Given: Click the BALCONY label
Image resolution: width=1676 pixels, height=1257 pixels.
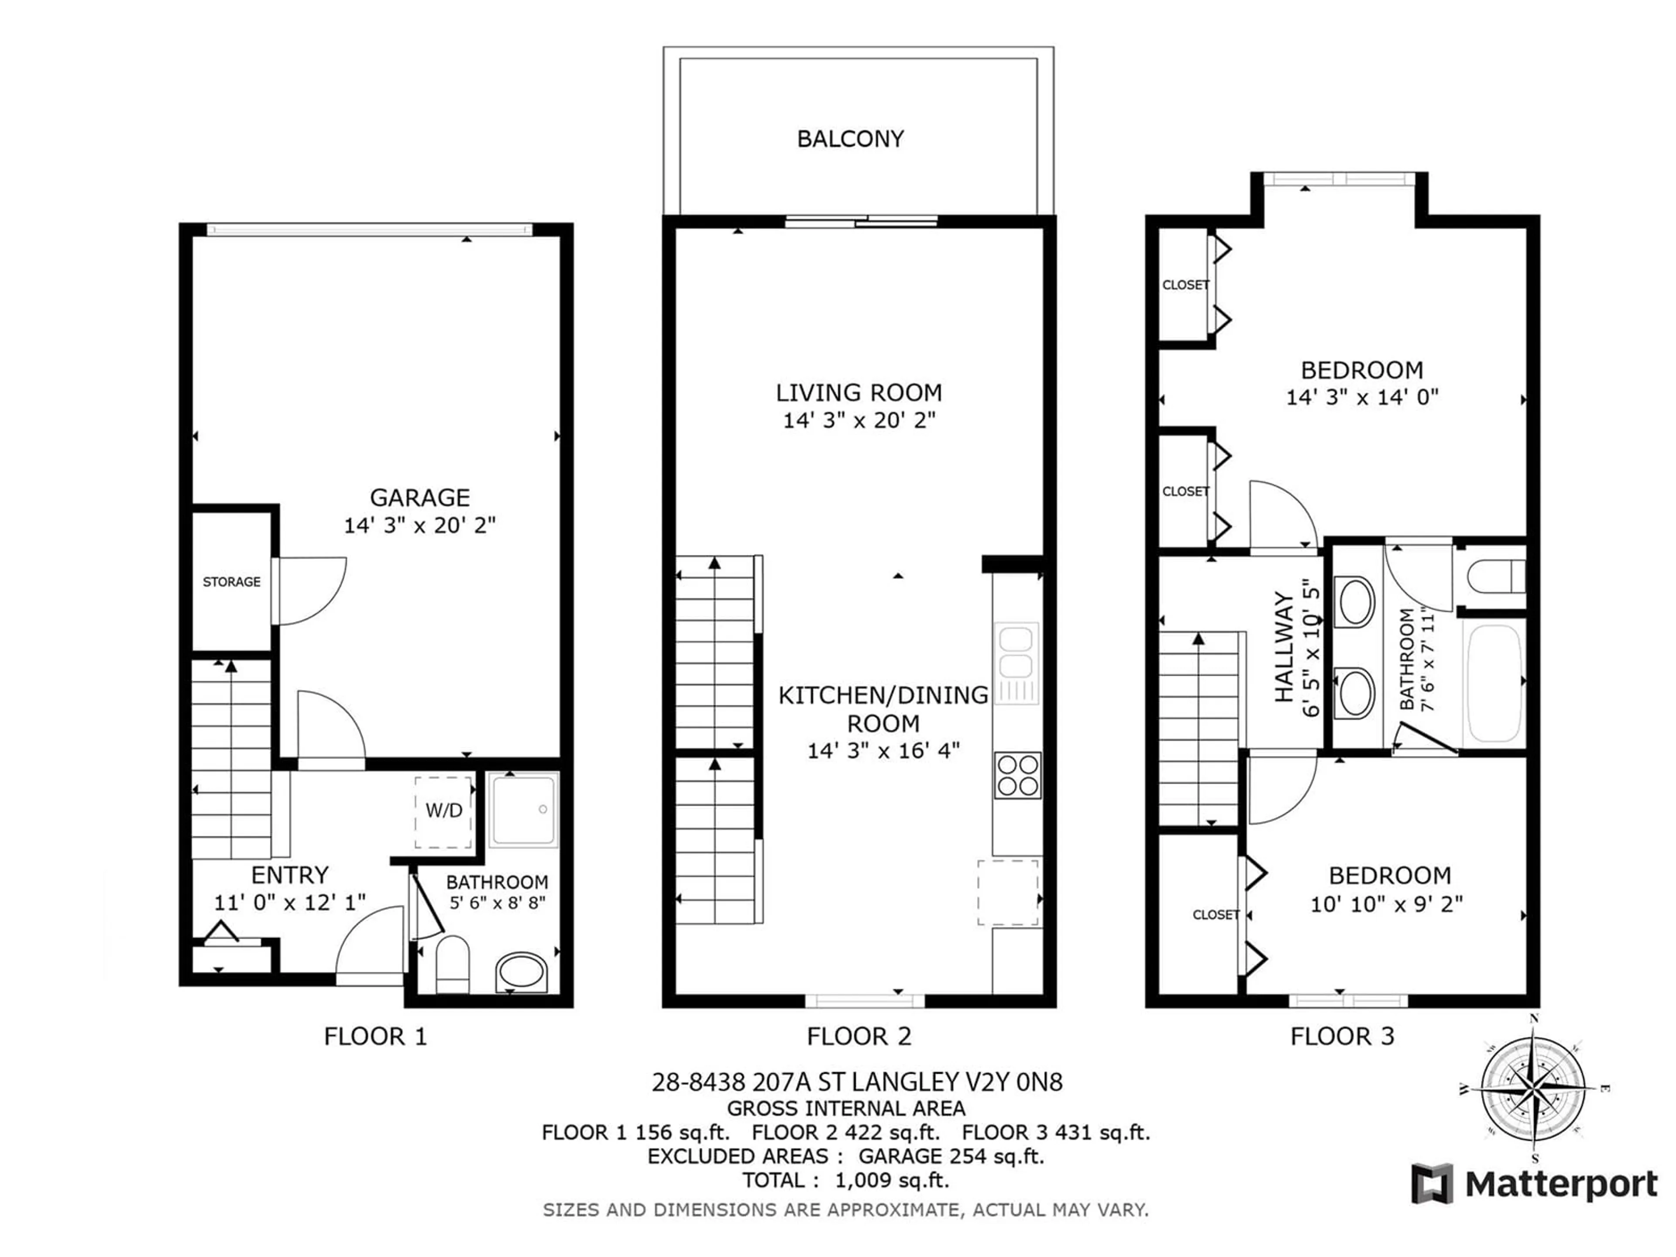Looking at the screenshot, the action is point(850,139).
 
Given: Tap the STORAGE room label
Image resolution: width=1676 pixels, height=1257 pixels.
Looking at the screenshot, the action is point(231,582).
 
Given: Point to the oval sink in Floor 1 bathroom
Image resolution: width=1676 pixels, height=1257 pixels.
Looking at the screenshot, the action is point(521,972).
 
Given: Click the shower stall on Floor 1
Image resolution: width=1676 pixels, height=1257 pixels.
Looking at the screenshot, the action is point(524,810).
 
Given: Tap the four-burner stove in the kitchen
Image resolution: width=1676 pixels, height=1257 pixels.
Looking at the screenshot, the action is point(1017,775).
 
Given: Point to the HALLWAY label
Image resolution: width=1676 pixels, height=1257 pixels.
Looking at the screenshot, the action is point(1284,647).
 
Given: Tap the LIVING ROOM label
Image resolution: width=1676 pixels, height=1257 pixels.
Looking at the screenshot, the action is point(859,392).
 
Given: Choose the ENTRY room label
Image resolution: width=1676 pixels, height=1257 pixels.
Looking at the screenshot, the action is point(289,875).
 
